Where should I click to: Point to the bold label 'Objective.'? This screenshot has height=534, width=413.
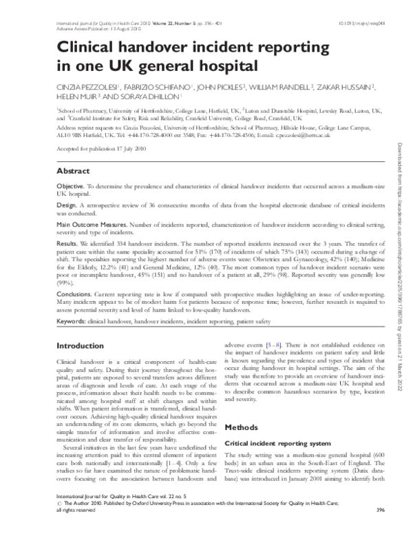click(x=70, y=187)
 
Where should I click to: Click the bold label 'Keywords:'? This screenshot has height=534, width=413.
click(x=71, y=322)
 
